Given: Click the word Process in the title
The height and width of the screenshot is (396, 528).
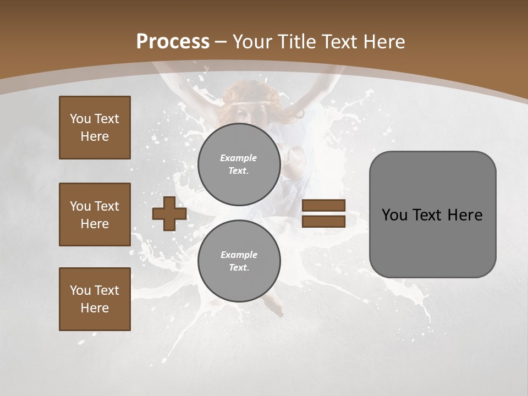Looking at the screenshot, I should [x=173, y=42].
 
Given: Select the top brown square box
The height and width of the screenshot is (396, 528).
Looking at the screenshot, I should [x=95, y=128].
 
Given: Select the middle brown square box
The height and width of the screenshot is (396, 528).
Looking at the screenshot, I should [x=95, y=215].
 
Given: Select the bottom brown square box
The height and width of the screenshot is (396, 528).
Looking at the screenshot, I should [x=95, y=299].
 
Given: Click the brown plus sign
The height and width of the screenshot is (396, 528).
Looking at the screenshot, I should [x=169, y=214].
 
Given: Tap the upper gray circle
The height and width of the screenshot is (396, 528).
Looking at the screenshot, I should [x=239, y=164].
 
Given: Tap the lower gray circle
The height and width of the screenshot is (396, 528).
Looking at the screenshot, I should [x=239, y=261].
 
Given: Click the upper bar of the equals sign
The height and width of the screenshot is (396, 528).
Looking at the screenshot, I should [x=323, y=206].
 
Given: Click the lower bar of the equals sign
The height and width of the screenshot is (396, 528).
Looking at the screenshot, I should [x=323, y=222].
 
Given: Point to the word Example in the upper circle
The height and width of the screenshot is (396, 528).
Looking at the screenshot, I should [x=238, y=158].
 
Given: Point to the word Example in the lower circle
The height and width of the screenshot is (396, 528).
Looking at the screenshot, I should [x=239, y=255].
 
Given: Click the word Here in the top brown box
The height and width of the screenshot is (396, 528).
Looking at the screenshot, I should [x=95, y=136].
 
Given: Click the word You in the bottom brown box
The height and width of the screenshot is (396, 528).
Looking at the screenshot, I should [x=80, y=290].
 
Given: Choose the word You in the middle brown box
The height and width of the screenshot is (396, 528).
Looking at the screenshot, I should [x=80, y=206].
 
